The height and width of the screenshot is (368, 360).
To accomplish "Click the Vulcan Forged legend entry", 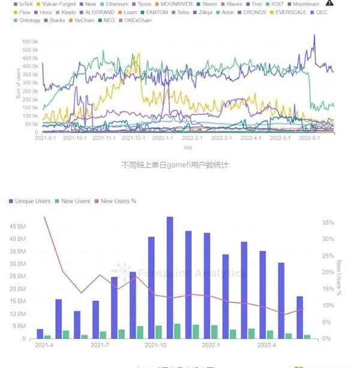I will coord(59,4).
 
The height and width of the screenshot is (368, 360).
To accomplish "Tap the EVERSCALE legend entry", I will coord(290,12).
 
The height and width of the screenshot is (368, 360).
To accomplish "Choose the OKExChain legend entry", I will coord(137,20).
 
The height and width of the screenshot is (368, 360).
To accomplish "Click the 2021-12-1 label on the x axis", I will coord(133,138).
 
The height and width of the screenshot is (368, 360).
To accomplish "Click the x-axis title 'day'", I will coord(188,147).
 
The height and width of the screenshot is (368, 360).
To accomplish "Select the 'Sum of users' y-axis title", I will coord(19,84).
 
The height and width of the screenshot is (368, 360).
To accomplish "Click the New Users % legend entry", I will coord(118,201).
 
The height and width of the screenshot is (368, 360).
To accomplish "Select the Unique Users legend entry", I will coord(31,201).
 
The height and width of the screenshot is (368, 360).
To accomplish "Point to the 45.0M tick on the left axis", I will coord(17,227).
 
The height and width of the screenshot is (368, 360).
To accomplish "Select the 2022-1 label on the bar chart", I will coord(211,345).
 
